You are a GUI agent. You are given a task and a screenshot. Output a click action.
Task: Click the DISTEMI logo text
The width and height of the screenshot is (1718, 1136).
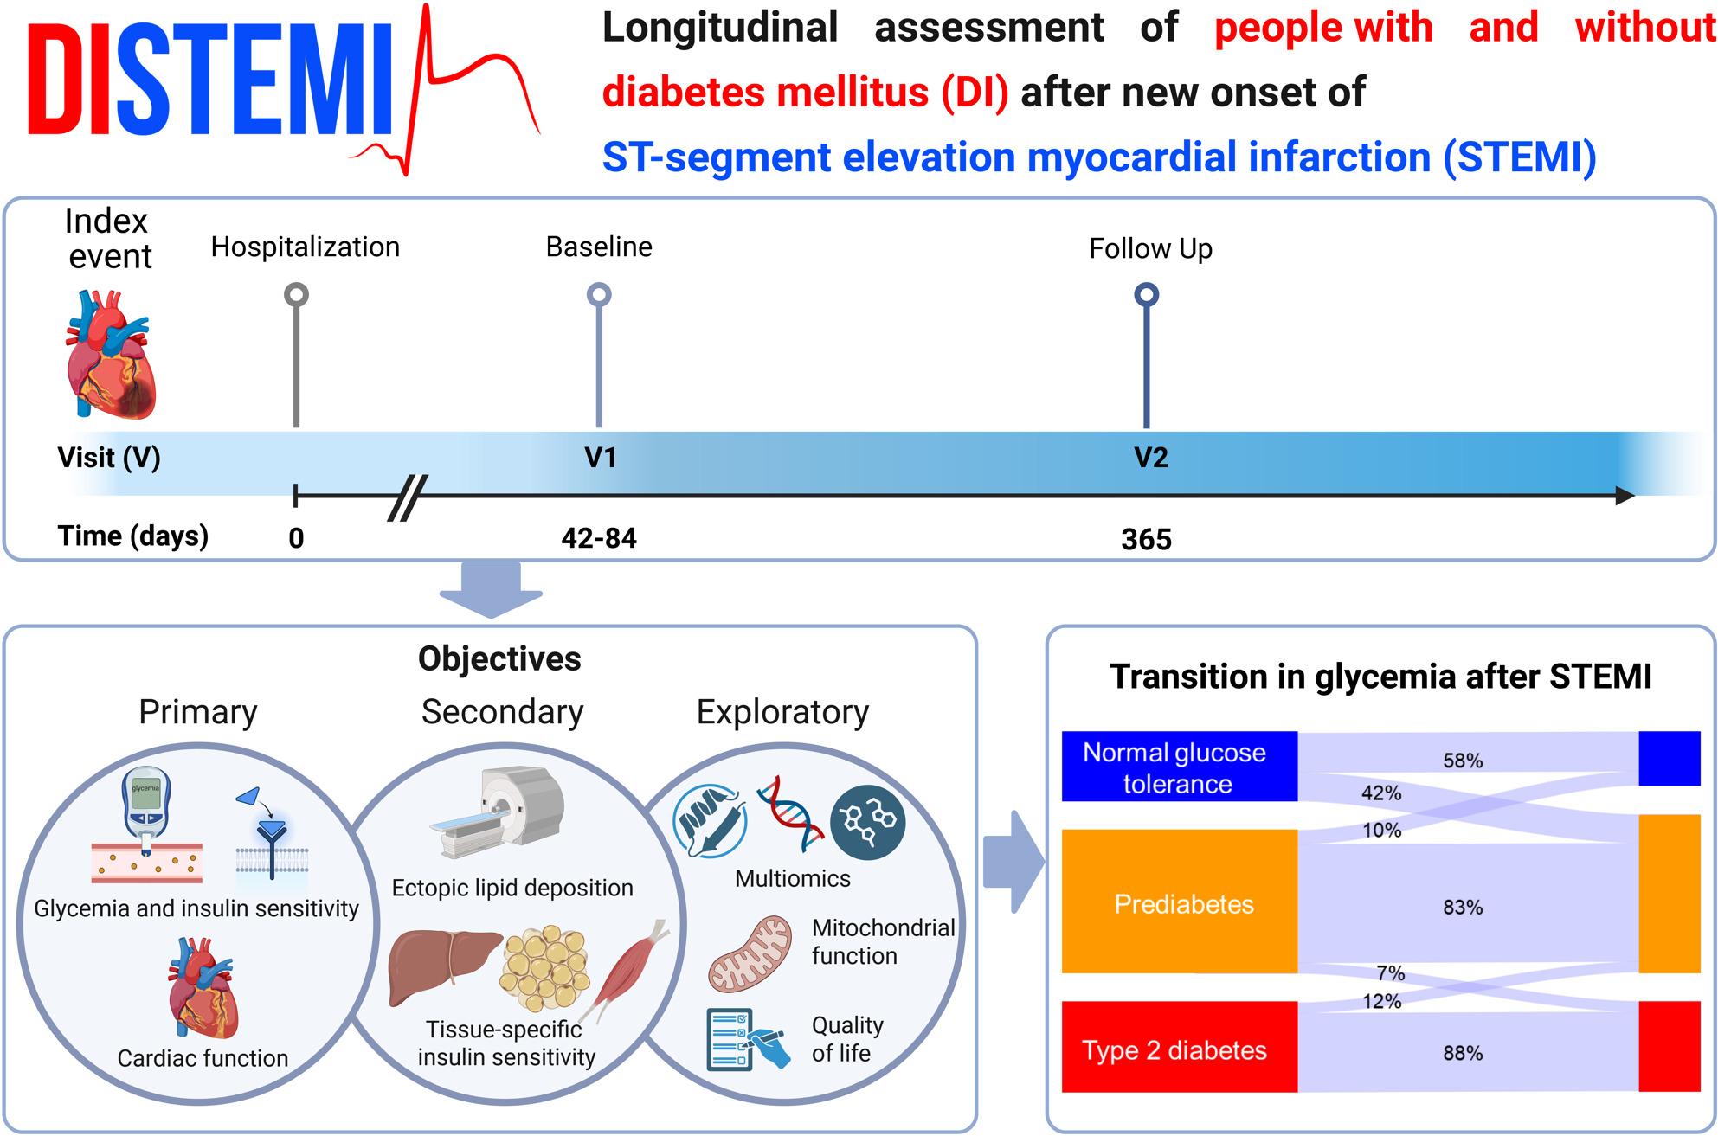click(x=213, y=79)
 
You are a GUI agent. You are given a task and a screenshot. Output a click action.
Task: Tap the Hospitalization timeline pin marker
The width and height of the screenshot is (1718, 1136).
click(x=296, y=355)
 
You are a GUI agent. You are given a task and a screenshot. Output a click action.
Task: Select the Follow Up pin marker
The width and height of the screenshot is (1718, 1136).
click(x=1147, y=355)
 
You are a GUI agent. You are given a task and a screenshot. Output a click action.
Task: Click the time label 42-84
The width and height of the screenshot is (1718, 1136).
click(x=599, y=538)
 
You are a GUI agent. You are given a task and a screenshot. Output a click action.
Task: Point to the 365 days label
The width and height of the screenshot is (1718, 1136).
click(x=1146, y=539)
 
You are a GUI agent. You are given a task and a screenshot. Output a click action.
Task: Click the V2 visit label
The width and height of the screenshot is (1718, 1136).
click(x=1151, y=457)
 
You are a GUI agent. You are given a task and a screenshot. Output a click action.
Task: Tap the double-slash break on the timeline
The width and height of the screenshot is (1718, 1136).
click(x=407, y=497)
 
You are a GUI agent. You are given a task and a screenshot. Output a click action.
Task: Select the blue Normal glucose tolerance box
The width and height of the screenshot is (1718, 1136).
click(x=1180, y=767)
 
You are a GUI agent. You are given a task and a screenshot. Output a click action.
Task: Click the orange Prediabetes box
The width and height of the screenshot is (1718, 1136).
click(x=1180, y=902)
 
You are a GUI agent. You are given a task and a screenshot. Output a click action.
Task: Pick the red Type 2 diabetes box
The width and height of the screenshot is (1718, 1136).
click(x=1180, y=1047)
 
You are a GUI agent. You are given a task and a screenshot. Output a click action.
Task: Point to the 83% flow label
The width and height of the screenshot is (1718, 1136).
click(x=1463, y=907)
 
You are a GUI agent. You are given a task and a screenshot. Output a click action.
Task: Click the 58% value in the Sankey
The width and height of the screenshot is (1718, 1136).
click(x=1463, y=761)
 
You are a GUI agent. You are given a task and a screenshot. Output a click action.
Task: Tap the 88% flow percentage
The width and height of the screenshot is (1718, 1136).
click(x=1463, y=1053)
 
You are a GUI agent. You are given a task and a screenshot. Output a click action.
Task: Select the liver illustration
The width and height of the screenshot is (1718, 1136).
click(x=443, y=967)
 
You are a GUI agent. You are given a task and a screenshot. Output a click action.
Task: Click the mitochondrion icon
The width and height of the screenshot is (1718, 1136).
click(x=750, y=954)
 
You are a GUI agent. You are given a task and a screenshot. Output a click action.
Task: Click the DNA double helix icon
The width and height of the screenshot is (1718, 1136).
click(x=789, y=814)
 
